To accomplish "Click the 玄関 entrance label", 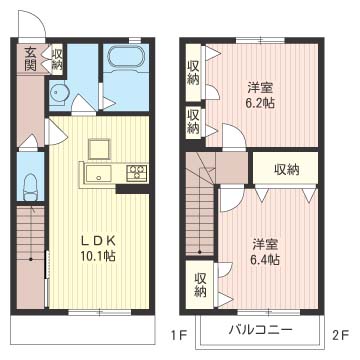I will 31,60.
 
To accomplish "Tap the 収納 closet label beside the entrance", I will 56,60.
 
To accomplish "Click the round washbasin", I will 61,94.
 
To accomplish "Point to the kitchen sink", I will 97,175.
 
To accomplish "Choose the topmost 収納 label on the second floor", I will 193,73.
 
